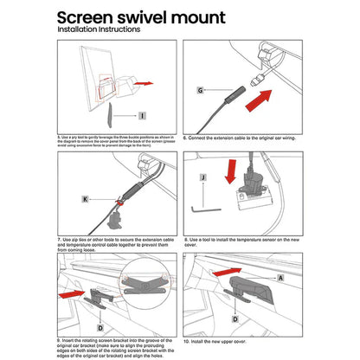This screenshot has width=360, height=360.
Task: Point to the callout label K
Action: click(86, 199)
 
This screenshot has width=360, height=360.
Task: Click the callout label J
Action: click(202, 179)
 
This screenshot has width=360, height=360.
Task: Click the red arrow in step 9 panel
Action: click(71, 295)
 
